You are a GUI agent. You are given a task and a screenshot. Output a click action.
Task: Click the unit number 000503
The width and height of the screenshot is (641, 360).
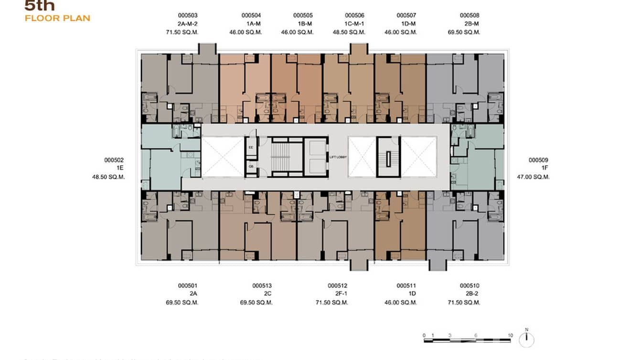[188, 15]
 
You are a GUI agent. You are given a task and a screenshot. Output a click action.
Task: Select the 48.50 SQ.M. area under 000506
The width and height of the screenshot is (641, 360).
[349, 32]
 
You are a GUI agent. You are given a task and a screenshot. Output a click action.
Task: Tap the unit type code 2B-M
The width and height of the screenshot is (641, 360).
[470, 24]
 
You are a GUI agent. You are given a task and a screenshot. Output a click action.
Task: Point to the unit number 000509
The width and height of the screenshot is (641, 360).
[538, 160]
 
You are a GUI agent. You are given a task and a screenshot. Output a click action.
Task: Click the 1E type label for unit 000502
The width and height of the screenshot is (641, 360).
[119, 169]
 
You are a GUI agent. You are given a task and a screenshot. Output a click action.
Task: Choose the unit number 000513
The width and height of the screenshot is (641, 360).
[262, 286]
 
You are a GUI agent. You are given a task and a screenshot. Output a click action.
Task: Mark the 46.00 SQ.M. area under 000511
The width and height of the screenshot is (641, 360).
[400, 303]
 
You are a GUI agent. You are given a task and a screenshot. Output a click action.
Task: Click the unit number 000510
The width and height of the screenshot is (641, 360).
[470, 286]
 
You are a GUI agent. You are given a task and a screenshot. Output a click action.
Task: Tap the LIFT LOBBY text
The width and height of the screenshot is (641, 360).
[338, 157]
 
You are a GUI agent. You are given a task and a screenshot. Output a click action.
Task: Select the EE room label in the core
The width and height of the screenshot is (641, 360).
[251, 148]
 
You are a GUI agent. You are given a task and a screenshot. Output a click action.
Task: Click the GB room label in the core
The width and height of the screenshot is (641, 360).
[251, 167]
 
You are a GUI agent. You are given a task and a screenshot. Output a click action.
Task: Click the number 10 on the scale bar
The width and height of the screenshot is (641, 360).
[510, 336]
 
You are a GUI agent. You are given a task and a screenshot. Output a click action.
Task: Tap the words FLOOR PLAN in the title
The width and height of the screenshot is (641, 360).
[57, 19]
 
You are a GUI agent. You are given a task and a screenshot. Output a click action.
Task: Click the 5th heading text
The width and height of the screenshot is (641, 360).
[40, 6]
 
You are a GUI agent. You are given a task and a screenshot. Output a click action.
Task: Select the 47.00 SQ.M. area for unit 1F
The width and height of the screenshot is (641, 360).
[533, 177]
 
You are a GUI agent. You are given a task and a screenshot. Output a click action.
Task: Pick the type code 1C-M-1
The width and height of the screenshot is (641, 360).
[354, 24]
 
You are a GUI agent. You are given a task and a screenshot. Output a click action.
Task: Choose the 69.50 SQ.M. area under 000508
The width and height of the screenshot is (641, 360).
[464, 32]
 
